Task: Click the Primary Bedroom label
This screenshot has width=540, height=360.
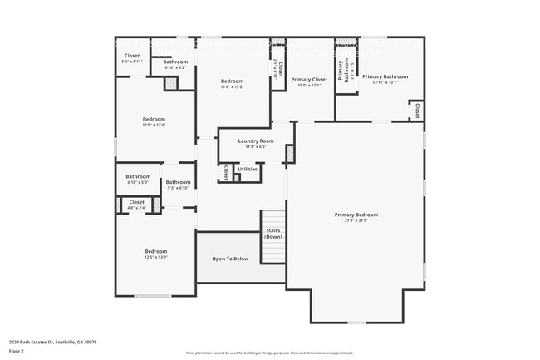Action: [x=356, y=215]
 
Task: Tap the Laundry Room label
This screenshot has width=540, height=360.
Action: [x=255, y=141]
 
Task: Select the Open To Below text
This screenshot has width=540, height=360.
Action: [x=230, y=259]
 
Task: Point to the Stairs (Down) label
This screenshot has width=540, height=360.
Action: [x=273, y=234]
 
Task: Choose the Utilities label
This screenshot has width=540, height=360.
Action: [x=248, y=169]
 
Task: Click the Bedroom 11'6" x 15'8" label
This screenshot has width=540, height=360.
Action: [x=231, y=81]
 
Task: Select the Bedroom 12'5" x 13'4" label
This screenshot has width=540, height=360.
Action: [x=155, y=119]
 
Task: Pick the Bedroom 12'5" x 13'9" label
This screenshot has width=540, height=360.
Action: [x=155, y=251]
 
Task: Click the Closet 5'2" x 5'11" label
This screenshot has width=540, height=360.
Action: [x=132, y=56]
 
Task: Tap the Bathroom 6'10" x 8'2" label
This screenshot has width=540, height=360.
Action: [x=175, y=62]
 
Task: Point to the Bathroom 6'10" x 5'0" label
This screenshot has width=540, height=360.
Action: [x=138, y=176]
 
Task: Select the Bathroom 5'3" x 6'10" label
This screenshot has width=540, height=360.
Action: [x=178, y=182]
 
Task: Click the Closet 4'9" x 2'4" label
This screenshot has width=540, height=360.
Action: [x=137, y=202]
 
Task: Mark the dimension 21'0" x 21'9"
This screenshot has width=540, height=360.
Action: [x=356, y=220]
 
